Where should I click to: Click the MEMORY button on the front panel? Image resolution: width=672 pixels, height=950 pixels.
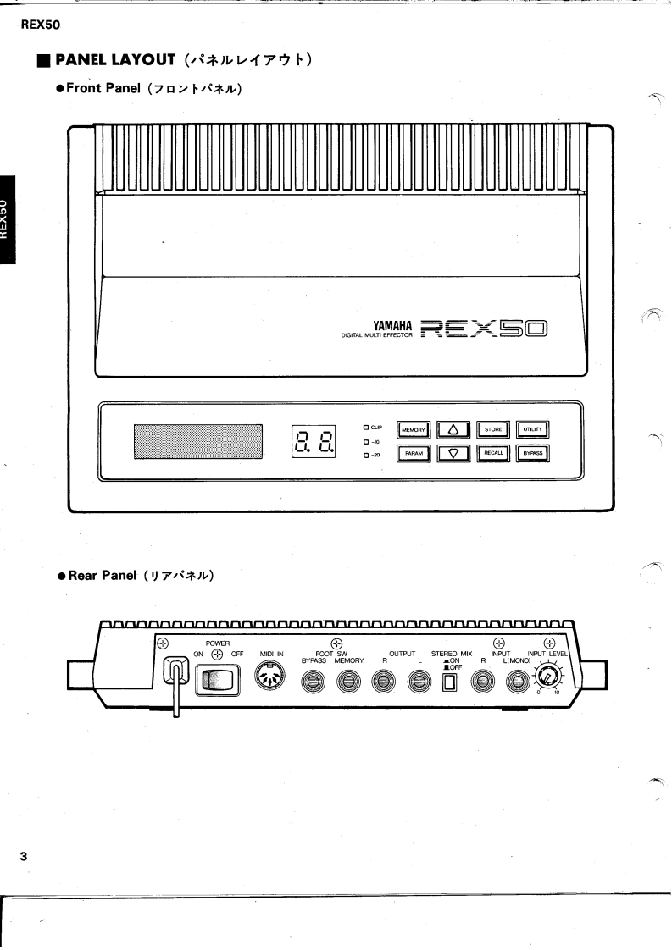pos(414,430)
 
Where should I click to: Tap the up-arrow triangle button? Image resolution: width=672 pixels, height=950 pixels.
pos(453,430)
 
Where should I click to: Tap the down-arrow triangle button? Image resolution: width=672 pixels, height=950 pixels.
pos(453,453)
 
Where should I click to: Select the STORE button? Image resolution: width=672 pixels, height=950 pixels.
pos(493,430)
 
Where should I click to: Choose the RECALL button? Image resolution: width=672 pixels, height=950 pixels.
pos(493,453)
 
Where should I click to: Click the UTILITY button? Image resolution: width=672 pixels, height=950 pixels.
pos(533,430)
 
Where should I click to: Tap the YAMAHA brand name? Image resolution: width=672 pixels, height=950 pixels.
pos(392,324)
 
